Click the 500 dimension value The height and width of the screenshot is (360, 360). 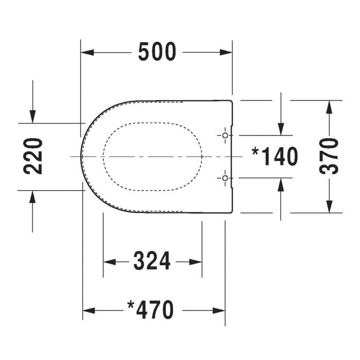tap(157, 51)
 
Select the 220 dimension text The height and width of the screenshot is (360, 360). tap(33, 156)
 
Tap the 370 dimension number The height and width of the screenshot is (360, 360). tap(329, 156)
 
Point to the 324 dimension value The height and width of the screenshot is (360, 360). tap(152, 261)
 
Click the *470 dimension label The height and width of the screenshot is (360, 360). tap(151, 310)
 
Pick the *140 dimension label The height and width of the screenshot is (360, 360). tap(275, 156)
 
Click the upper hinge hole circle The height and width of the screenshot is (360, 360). tap(225, 135)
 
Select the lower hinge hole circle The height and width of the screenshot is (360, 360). tap(225, 178)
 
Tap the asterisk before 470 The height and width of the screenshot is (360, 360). tap(131, 305)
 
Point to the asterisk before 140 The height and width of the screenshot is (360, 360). tap(255, 152)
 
